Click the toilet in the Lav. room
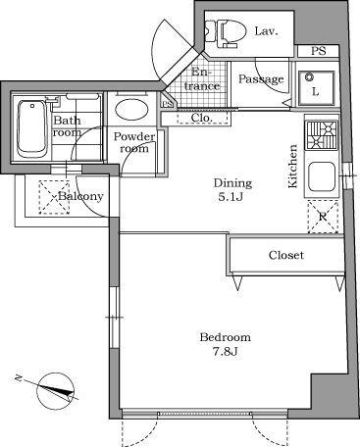pyautogui.click(x=227, y=32)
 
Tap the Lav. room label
pyautogui.click(x=267, y=31)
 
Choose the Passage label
pyautogui.click(x=262, y=79)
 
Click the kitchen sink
pyautogui.click(x=321, y=178)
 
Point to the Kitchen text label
pyautogui.click(x=292, y=167)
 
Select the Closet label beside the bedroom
pyautogui.click(x=286, y=256)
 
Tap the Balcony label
pyautogui.click(x=80, y=196)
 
